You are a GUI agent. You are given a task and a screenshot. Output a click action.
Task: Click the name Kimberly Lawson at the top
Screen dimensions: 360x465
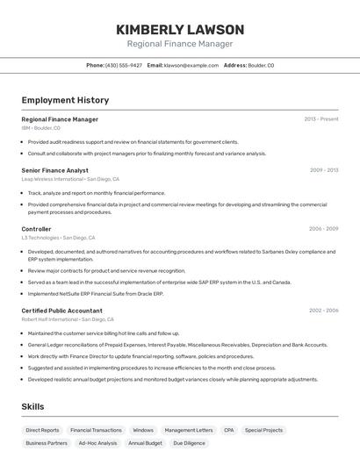click(180, 29)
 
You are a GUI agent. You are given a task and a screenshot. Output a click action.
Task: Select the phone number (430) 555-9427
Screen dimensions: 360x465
click(124, 65)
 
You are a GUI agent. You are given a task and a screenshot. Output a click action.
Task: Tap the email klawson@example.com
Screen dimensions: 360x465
click(191, 65)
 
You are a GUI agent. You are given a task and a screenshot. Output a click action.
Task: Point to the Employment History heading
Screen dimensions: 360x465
click(65, 101)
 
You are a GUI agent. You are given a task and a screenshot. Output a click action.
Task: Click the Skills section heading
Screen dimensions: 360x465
click(32, 407)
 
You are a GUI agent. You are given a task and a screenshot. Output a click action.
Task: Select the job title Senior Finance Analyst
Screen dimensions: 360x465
click(54, 170)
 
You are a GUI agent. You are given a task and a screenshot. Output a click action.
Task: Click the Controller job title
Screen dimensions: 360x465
click(36, 229)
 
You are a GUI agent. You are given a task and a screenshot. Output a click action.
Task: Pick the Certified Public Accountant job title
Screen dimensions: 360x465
click(61, 311)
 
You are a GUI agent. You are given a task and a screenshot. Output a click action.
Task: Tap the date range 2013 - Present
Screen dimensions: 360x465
click(321, 119)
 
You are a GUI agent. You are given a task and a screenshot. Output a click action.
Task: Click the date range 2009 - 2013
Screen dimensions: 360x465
click(324, 170)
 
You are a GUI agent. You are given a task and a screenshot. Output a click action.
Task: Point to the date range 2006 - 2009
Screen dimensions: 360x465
click(323, 229)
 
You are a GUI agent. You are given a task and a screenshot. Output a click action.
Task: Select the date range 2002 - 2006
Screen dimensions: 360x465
click(323, 311)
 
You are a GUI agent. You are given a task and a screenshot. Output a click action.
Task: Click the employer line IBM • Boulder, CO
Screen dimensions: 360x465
click(40, 128)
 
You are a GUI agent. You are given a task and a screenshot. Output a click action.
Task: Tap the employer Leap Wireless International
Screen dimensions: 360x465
click(51, 179)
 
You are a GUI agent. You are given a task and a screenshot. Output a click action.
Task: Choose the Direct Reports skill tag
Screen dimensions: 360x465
click(42, 431)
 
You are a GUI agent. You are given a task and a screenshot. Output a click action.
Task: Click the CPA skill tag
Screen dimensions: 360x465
click(228, 431)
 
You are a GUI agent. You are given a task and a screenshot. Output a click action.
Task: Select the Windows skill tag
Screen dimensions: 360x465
click(142, 431)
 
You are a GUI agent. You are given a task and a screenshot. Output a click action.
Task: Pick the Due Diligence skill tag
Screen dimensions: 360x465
click(190, 444)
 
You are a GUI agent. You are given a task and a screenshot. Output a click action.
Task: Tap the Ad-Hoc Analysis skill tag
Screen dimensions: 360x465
click(97, 444)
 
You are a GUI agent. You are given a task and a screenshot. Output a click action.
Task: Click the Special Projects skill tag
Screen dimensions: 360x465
click(264, 431)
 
